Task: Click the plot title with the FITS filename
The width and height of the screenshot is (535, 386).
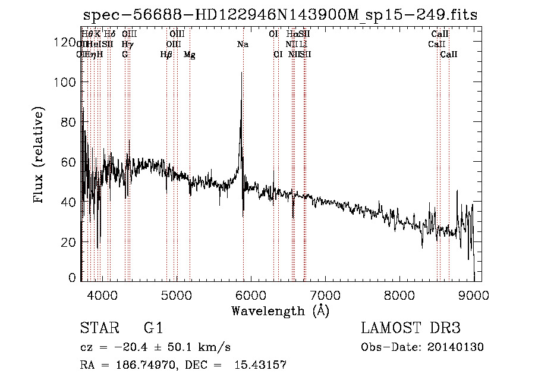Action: [280, 15]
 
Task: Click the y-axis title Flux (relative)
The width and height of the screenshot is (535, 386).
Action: [39, 156]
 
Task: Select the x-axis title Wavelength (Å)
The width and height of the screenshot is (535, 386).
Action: [280, 310]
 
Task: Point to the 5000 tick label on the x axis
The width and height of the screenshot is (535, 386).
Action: [176, 294]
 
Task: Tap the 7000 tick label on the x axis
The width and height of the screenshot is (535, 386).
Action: [325, 294]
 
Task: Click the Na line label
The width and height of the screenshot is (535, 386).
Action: [243, 44]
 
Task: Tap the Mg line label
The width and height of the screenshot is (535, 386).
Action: [190, 55]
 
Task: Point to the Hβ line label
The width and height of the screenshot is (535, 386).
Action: [166, 55]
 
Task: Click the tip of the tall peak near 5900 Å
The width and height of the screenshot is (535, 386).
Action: [241, 73]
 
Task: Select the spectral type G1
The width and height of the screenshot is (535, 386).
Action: [153, 328]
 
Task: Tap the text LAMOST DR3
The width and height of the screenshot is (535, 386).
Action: [411, 328]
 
